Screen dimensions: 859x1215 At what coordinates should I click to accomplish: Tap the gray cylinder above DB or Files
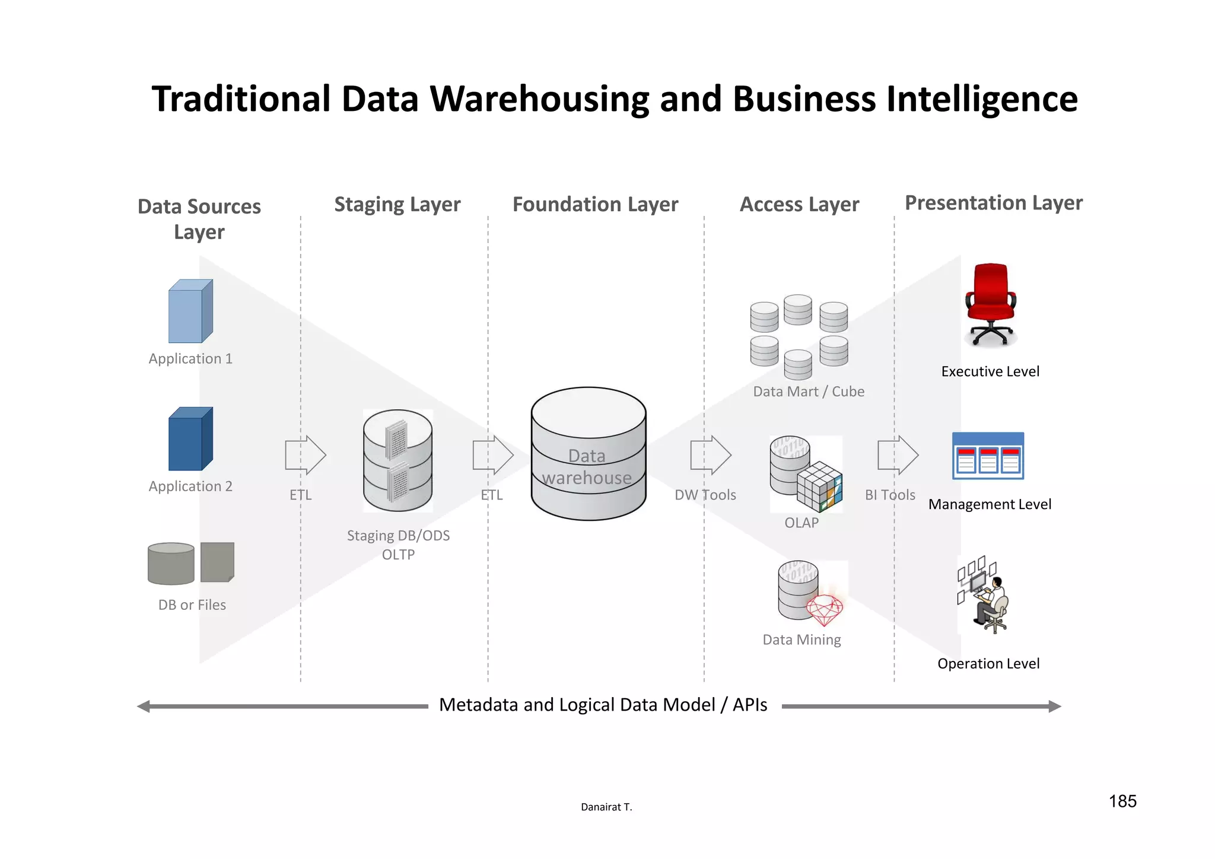point(171,564)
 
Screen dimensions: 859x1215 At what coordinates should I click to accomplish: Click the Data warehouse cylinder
point(588,454)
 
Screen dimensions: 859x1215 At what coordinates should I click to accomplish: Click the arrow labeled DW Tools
point(711,455)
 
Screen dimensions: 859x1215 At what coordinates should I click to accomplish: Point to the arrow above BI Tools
point(898,455)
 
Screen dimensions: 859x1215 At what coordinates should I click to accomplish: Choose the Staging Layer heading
point(397,204)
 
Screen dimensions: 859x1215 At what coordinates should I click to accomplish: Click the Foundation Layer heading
point(595,204)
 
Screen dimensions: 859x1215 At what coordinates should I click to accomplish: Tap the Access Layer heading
point(799,204)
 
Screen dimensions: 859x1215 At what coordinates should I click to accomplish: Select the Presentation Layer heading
point(993,203)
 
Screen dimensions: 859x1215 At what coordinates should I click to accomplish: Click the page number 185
point(1122,801)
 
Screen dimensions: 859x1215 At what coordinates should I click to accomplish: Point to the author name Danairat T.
point(606,807)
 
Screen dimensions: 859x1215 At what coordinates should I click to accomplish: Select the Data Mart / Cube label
point(808,392)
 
